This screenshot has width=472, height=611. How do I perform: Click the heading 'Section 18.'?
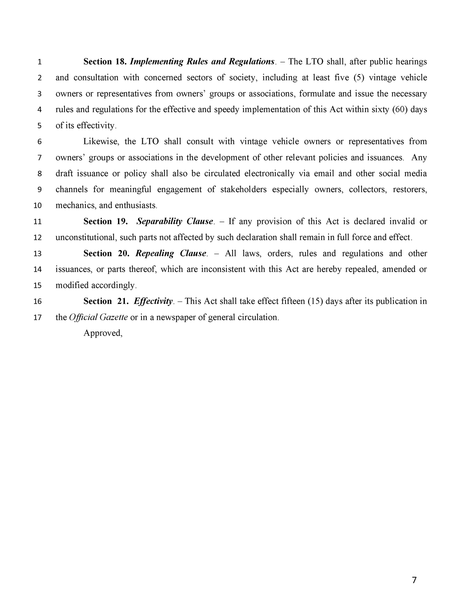click(x=105, y=62)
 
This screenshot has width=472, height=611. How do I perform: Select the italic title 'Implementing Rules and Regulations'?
click(x=202, y=62)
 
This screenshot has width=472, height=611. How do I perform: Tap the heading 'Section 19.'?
click(x=105, y=222)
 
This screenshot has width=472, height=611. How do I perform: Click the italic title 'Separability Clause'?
click(x=175, y=222)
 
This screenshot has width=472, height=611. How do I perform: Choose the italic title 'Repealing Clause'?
click(x=171, y=253)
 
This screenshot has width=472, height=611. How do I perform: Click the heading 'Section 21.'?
click(x=105, y=301)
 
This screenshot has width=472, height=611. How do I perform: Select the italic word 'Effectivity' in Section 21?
click(x=153, y=302)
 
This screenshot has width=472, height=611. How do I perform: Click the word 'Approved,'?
click(x=103, y=333)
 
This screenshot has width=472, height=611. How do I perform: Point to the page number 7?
click(x=414, y=580)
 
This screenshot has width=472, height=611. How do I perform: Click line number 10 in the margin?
click(x=38, y=206)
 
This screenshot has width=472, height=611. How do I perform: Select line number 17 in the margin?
click(x=38, y=318)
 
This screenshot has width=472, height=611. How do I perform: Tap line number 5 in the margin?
click(x=39, y=126)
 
